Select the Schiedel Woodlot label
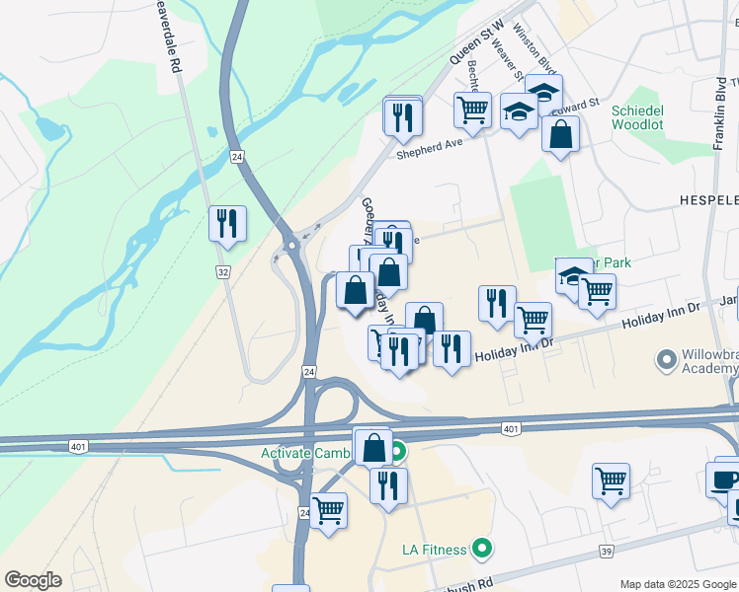pyautogui.click(x=643, y=117)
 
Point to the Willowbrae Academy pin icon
pyautogui.click(x=665, y=358)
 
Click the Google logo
pyautogui.click(x=32, y=580)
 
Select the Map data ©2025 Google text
pyautogui.click(x=677, y=584)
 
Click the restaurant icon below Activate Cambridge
pyautogui.click(x=388, y=485)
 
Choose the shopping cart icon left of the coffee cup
pyautogui.click(x=612, y=481)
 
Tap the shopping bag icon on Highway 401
pyautogui.click(x=373, y=447)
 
